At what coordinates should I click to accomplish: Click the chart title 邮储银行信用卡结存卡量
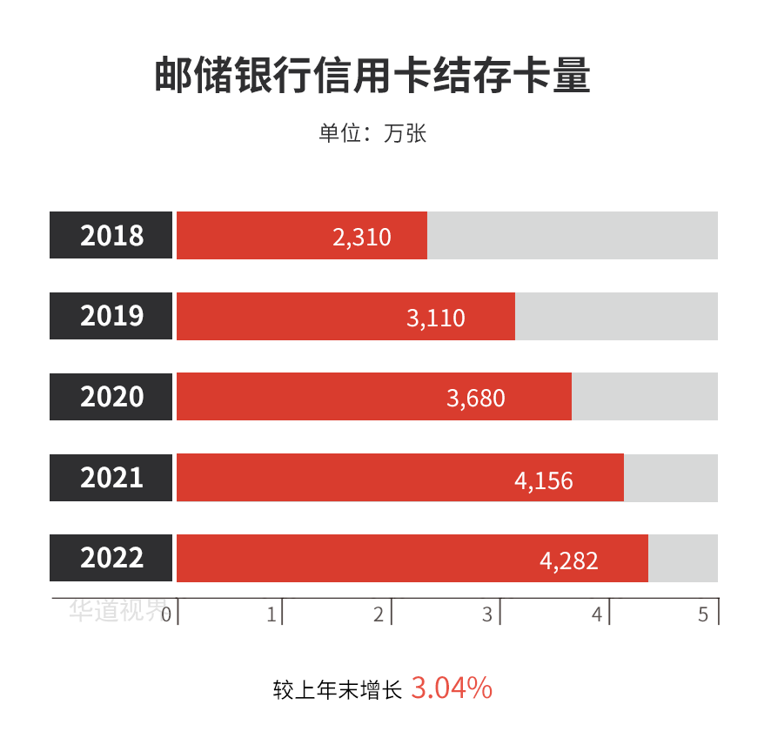pyautogui.click(x=372, y=76)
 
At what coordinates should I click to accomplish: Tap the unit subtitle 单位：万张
pyautogui.click(x=372, y=134)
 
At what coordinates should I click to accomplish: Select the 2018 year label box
pyautogui.click(x=111, y=236)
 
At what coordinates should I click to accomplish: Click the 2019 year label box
pyautogui.click(x=111, y=316)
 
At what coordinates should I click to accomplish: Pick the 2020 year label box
pyautogui.click(x=111, y=397)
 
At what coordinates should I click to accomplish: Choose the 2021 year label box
pyautogui.click(x=111, y=478)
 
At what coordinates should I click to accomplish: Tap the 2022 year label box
pyautogui.click(x=111, y=558)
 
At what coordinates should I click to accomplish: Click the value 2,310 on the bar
pyautogui.click(x=362, y=237)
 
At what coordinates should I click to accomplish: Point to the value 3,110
pyautogui.click(x=436, y=318)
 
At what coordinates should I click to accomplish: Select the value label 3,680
pyautogui.click(x=476, y=399)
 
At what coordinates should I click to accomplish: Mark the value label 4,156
pyautogui.click(x=544, y=480)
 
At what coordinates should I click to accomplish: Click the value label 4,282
pyautogui.click(x=569, y=560)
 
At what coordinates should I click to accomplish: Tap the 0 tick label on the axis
pyautogui.click(x=166, y=614)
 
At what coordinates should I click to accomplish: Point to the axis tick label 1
pyautogui.click(x=272, y=614)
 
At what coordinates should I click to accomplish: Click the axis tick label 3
pyautogui.click(x=487, y=614)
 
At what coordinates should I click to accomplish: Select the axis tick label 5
pyautogui.click(x=703, y=614)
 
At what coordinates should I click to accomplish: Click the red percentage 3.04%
pyautogui.click(x=452, y=688)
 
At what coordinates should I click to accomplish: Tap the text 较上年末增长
pyautogui.click(x=338, y=690)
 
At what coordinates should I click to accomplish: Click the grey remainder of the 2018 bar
pyautogui.click(x=572, y=236)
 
